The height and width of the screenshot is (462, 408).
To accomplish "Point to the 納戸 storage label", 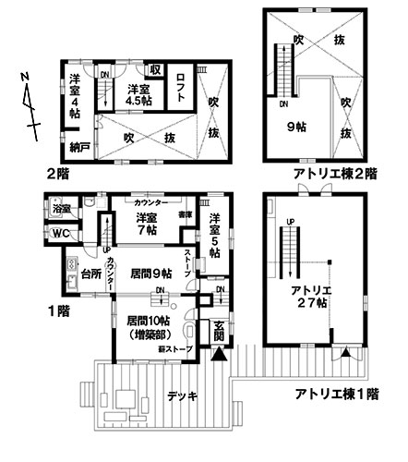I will coord(78,147).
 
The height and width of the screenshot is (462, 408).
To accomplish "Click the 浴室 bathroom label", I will coord(62,210).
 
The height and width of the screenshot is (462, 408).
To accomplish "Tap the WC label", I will coord(62,232).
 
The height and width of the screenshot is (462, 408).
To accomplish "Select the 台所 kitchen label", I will coord(89,274).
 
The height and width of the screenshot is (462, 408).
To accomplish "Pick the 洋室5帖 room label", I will coord(214,235).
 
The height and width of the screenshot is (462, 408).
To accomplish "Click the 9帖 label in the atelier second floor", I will coord(295,128).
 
